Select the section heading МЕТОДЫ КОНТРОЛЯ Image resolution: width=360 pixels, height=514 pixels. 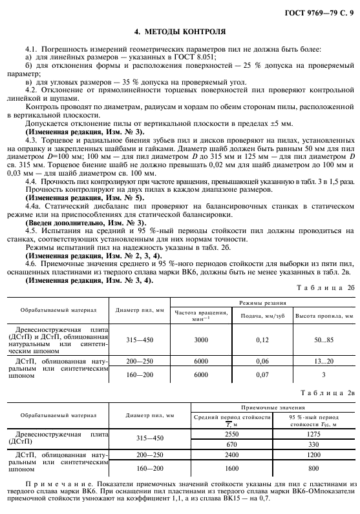tap(180, 31)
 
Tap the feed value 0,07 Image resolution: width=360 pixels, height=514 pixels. tap(261, 374)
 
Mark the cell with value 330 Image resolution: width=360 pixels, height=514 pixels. tap(312, 444)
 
